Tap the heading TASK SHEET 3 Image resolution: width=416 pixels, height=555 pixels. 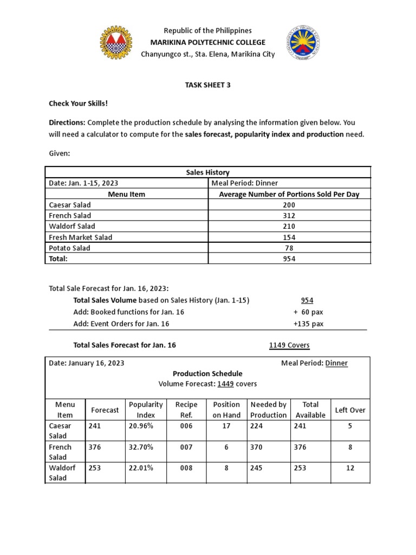[x=207, y=85]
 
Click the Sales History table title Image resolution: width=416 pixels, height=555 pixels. [x=207, y=172]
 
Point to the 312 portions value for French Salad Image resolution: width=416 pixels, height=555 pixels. [x=289, y=216]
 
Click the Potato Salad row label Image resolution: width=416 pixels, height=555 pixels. [x=69, y=248]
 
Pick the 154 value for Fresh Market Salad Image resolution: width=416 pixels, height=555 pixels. [x=289, y=237]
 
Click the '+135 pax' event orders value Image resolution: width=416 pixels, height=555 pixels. [x=308, y=324]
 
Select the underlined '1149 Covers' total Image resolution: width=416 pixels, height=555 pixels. [x=289, y=345]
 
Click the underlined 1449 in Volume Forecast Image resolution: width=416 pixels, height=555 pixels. [x=225, y=384]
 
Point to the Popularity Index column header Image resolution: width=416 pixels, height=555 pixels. [x=146, y=410]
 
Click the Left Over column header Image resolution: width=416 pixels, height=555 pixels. [x=349, y=410]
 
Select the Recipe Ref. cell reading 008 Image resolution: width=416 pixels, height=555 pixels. [x=186, y=468]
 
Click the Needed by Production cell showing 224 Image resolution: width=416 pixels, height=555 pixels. [x=258, y=426]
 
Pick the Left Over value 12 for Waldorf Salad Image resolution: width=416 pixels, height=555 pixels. [x=350, y=468]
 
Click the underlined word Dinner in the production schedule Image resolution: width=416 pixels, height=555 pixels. [x=336, y=363]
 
